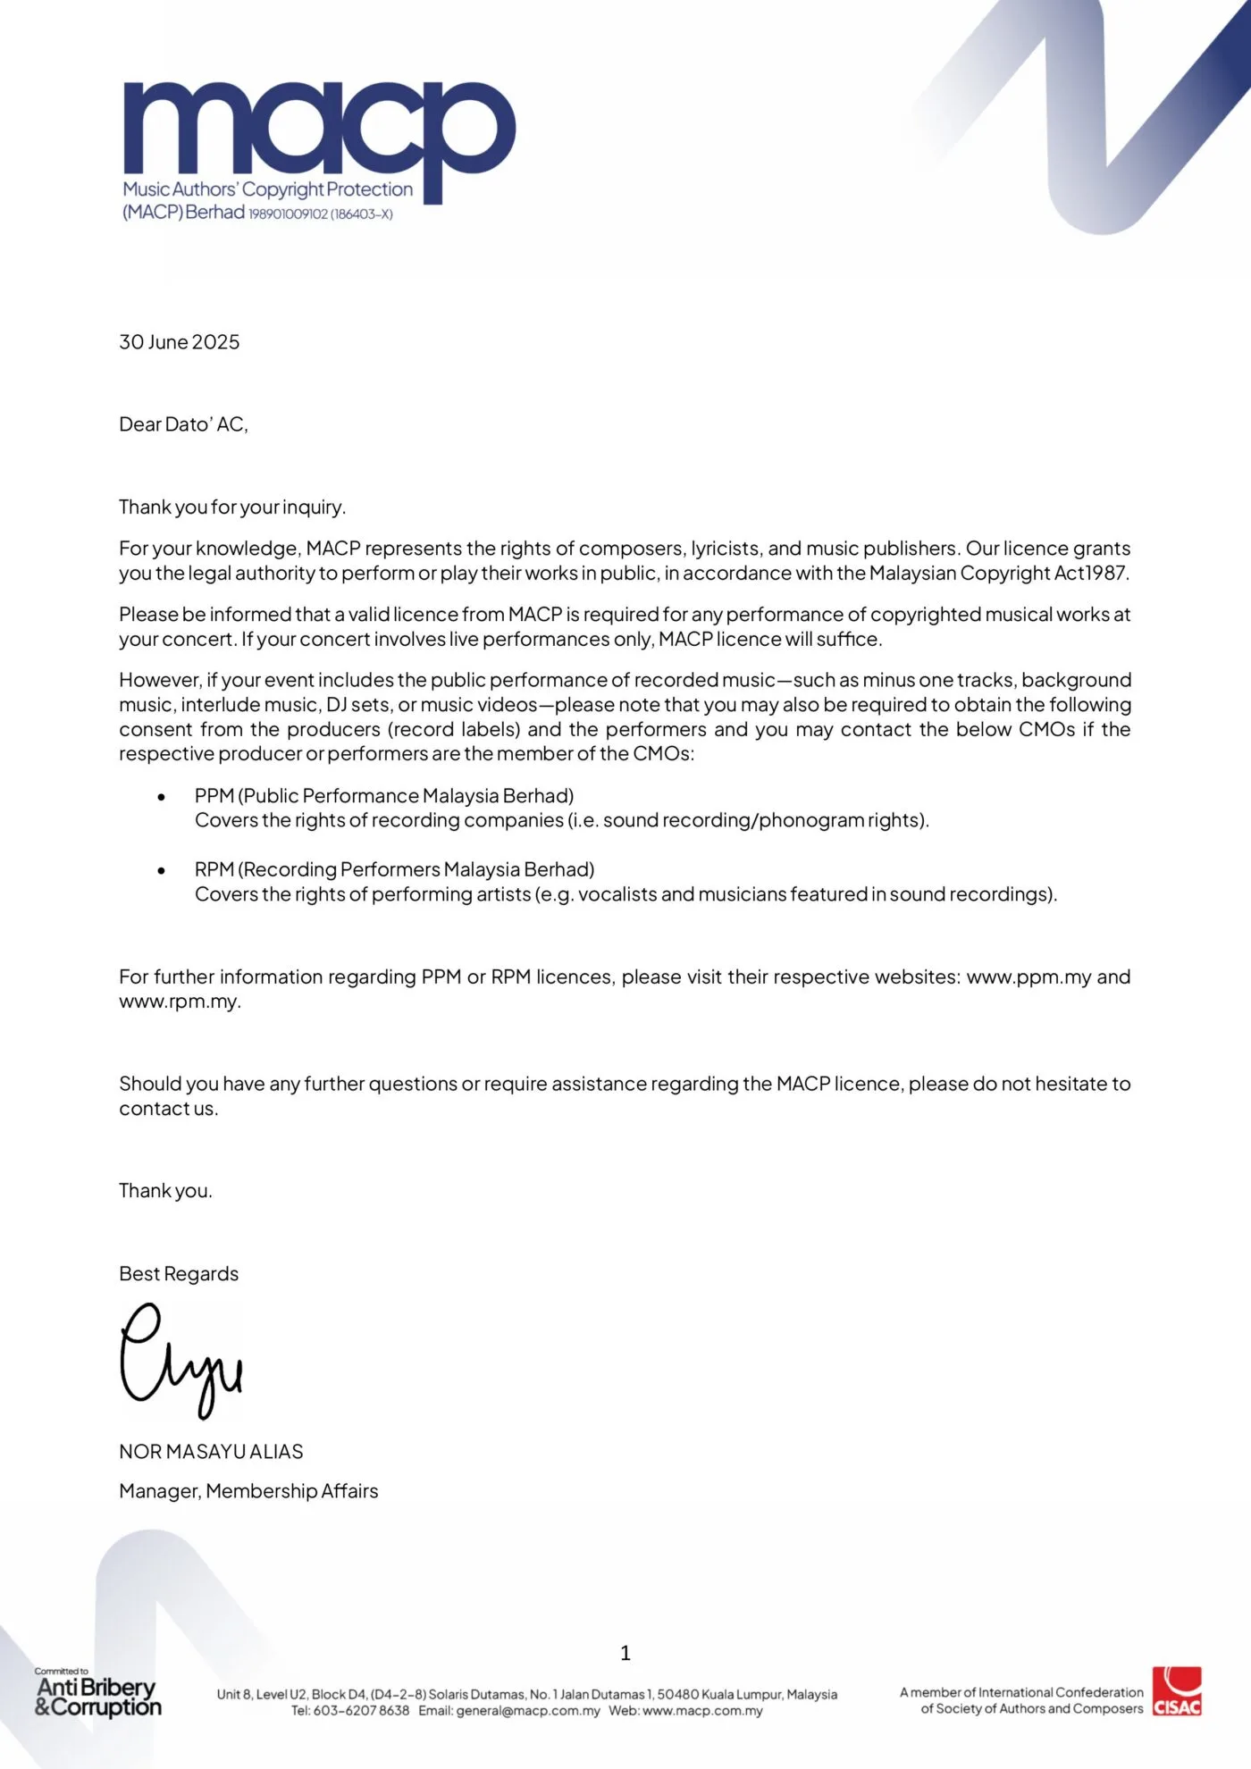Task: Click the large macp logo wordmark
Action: coord(319,130)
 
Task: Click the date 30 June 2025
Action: coord(180,342)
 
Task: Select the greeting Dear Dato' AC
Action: coord(183,424)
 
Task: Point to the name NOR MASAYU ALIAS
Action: coord(211,1452)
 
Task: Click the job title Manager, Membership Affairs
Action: coord(248,1491)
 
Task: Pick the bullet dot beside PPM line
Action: coord(162,797)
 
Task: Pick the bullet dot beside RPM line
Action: coord(162,870)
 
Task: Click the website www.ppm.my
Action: coord(1029,977)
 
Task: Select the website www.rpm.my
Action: coord(179,1002)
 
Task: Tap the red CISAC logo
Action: coord(1177,1691)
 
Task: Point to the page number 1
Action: coord(625,1654)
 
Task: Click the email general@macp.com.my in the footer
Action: coord(527,1711)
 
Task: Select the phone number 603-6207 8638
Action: coord(361,1711)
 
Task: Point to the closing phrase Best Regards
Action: coord(179,1274)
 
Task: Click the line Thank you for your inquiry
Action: coord(232,507)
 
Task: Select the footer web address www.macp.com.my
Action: coord(702,1711)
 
